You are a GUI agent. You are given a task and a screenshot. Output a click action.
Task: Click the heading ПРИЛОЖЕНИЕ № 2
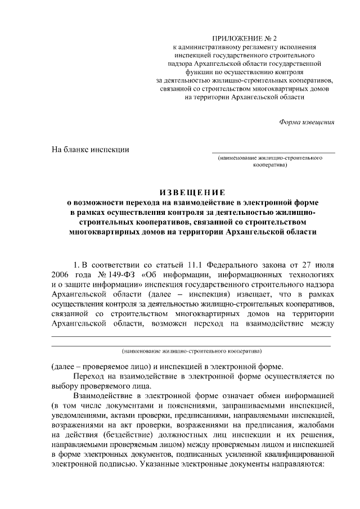coord(245,38)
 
